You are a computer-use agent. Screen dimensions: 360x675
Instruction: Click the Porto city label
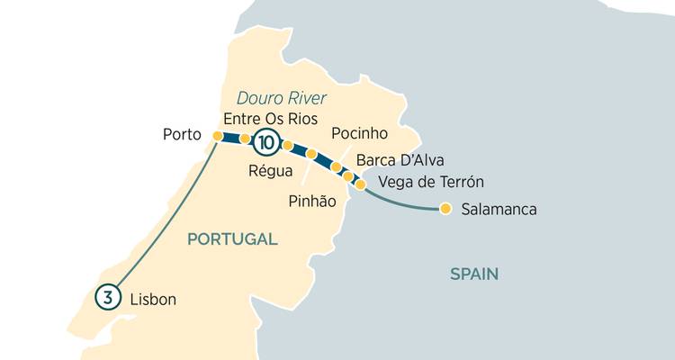(x=181, y=134)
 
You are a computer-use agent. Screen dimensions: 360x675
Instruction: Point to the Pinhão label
(x=312, y=202)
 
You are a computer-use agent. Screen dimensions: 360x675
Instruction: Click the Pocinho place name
(x=359, y=133)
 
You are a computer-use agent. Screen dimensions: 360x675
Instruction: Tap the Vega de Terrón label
(x=426, y=183)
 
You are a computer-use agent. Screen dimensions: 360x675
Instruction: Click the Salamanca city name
(x=498, y=211)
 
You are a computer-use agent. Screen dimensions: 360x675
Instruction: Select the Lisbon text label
(x=153, y=299)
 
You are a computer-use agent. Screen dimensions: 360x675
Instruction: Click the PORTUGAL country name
(x=231, y=239)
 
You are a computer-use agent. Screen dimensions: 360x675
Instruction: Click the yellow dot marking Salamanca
(x=445, y=211)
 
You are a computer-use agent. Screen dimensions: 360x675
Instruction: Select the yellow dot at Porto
(x=217, y=136)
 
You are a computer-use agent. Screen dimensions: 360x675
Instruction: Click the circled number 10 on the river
(x=266, y=142)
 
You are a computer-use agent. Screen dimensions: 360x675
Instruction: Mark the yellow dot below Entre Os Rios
(x=245, y=139)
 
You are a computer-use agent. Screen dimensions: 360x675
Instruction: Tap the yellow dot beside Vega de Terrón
(x=360, y=184)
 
